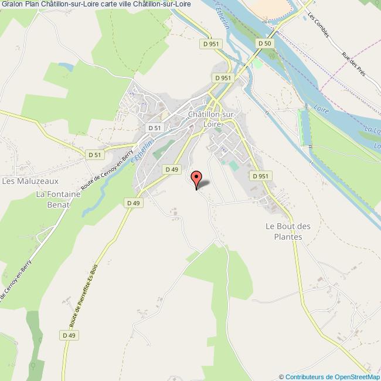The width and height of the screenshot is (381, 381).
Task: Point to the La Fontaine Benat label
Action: [53, 200]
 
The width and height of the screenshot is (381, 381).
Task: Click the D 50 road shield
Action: [264, 43]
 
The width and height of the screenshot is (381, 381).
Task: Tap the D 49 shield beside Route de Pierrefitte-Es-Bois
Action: [69, 335]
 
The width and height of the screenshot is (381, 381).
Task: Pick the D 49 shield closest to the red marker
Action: [171, 169]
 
